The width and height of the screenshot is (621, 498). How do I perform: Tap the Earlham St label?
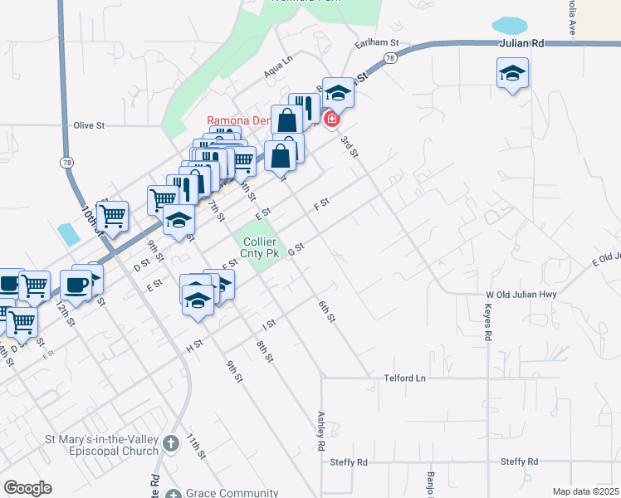(x=377, y=42)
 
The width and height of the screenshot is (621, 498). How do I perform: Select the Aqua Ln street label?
(x=278, y=66)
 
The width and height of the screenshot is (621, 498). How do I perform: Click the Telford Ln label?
(x=404, y=378)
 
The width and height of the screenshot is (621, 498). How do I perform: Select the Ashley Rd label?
(x=320, y=431)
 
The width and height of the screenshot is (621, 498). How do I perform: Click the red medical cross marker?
(x=331, y=120)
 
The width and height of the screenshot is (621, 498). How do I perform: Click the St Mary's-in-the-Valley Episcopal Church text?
(x=102, y=445)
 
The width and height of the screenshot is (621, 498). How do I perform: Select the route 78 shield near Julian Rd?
(x=389, y=57)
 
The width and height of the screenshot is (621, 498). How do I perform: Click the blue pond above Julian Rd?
(x=509, y=24)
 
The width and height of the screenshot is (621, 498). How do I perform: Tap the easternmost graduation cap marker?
(x=512, y=74)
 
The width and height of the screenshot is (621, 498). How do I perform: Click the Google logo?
(x=27, y=488)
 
